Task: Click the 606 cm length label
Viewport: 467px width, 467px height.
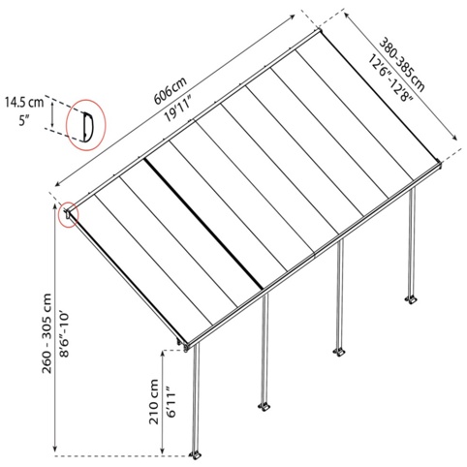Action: pos(171,91)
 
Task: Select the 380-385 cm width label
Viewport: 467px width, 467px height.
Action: pos(401,65)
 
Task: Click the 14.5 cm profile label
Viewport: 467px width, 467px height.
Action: pos(24,103)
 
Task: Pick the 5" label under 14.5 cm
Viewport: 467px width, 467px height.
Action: pos(24,121)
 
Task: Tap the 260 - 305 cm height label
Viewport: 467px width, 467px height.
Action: pos(47,333)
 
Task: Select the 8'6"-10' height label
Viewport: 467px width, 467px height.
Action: pos(65,333)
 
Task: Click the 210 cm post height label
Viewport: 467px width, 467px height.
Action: pos(154,401)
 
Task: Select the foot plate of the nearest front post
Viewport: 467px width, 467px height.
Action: pos(196,455)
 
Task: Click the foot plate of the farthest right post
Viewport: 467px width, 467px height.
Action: pos(411,299)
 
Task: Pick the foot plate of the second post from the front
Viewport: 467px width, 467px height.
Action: pos(265,407)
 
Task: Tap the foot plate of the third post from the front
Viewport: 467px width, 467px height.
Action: pos(339,353)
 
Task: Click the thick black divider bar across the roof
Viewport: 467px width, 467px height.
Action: pos(203,224)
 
